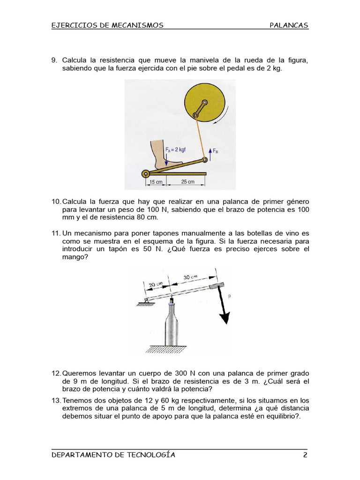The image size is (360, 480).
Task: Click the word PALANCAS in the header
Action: point(289,25)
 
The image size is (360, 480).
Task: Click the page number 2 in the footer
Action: point(305,455)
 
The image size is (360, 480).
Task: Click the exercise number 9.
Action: point(53,60)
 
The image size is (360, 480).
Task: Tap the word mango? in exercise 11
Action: point(75,257)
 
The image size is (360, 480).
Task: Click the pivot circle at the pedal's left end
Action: point(145,174)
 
